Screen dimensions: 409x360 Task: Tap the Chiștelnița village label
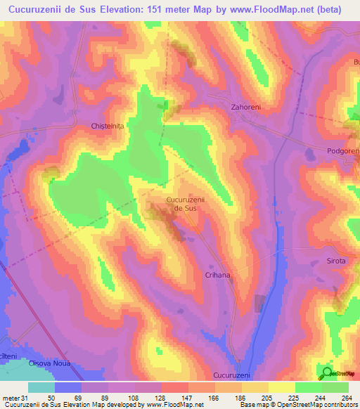coord(107,126)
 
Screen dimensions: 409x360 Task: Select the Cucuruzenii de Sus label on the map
coord(185,204)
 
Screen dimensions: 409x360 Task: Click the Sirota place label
coord(336,261)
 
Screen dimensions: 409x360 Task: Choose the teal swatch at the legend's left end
coord(41,387)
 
